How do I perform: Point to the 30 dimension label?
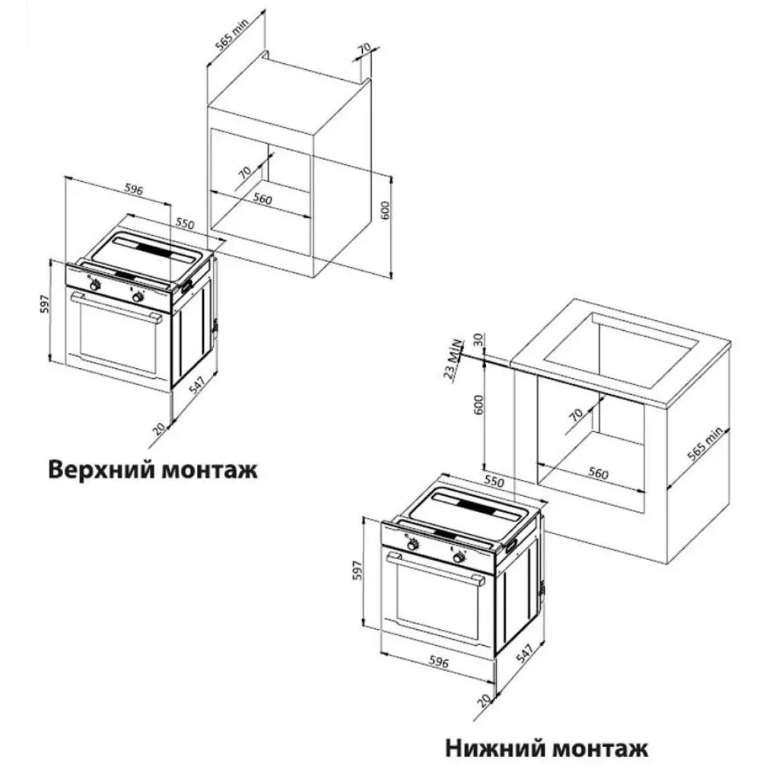point(478,341)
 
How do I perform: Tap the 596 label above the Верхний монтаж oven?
point(132,191)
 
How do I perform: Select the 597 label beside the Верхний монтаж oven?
point(45,304)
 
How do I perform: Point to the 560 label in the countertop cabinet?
point(598,474)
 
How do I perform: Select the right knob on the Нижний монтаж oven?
point(459,559)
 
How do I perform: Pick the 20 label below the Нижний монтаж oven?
point(481,699)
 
